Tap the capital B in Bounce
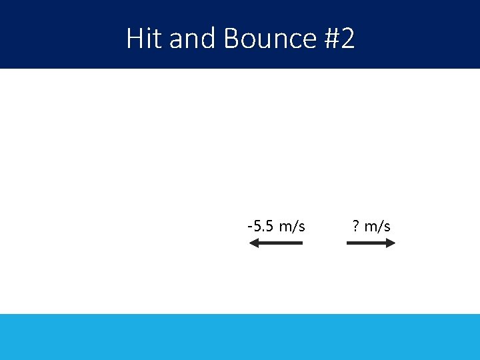[231, 39]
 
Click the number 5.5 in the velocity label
[263, 226]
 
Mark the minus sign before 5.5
[249, 226]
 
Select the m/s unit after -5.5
[292, 226]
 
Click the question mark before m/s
[356, 226]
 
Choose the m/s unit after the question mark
[377, 226]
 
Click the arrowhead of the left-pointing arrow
[253, 243]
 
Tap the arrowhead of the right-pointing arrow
[391, 243]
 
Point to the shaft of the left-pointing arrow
[280, 243]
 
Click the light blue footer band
[240, 337]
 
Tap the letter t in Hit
[157, 39]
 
